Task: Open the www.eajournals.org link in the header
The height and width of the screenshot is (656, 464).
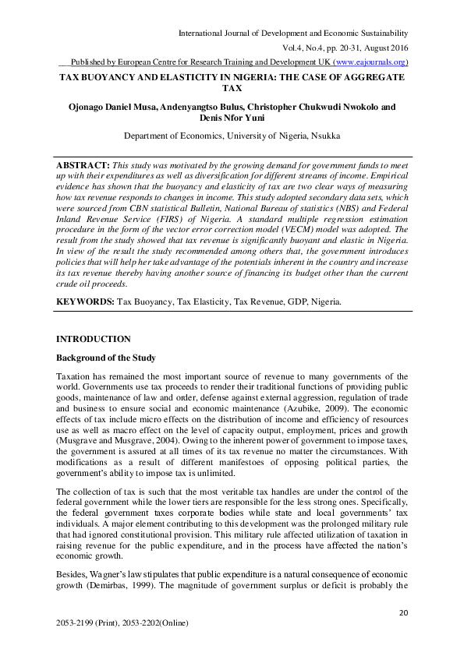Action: tap(369, 62)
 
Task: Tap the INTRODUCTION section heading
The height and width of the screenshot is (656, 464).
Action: tap(94, 339)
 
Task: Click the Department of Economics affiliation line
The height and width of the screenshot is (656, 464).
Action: tap(232, 136)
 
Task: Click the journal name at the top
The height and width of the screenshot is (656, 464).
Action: tap(293, 34)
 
